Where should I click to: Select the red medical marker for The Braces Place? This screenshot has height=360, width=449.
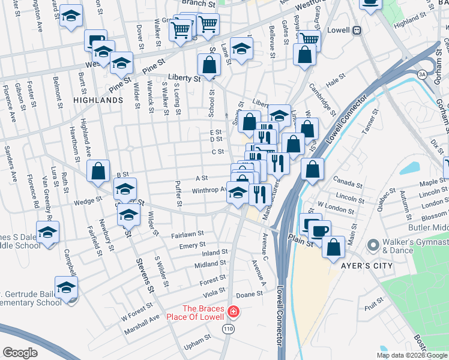pos(234,313)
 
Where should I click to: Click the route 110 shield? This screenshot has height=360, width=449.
pos(228,329)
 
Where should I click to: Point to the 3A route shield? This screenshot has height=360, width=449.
pos(423,74)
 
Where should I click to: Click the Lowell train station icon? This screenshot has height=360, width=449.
pos(357,29)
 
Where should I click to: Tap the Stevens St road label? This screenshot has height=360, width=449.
pos(146,275)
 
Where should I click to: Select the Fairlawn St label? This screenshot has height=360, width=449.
pos(188,235)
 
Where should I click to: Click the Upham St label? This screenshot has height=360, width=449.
pos(198,347)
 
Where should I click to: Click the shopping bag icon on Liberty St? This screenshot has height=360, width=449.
pos(208,66)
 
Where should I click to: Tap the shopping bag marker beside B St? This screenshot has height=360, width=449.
pos(98,171)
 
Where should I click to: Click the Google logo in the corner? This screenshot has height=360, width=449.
pos(20,352)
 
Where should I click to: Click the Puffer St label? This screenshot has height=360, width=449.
pos(178,194)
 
